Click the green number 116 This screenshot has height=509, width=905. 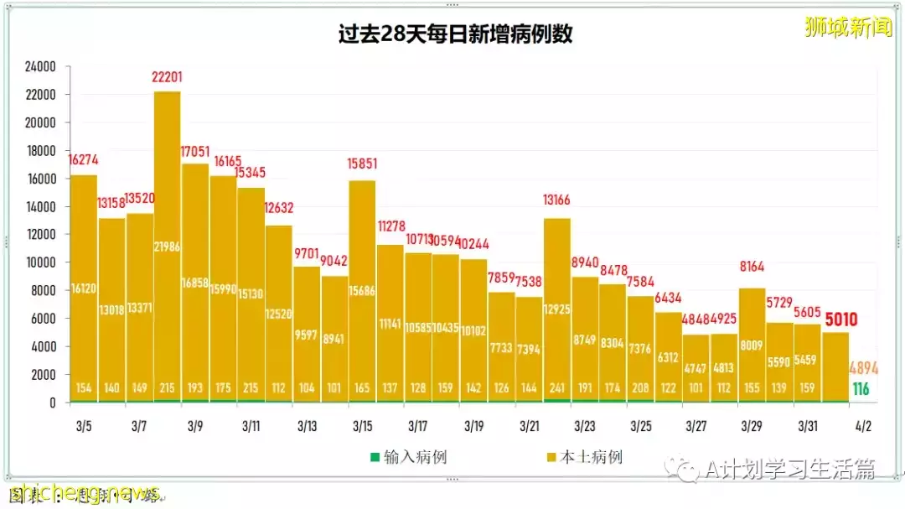click(x=861, y=389)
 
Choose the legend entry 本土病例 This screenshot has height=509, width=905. click(x=591, y=457)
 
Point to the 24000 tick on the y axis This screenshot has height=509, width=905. click(x=39, y=67)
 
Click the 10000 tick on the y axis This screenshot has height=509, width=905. click(x=39, y=262)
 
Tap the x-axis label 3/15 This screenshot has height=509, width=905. click(x=362, y=426)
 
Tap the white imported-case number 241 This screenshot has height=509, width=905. click(x=557, y=388)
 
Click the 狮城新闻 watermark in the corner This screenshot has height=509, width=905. click(x=848, y=27)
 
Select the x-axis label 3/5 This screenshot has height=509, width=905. click(x=83, y=426)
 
